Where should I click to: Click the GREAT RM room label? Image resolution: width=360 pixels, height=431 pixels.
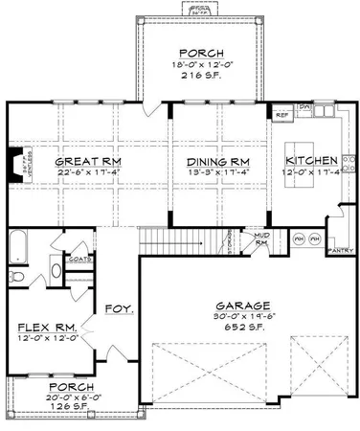tap(74, 161)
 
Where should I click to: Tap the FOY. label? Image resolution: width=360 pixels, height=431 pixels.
tap(119, 309)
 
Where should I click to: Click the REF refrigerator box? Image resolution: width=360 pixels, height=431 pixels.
tap(282, 115)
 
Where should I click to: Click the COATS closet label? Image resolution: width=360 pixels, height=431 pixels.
tap(79, 257)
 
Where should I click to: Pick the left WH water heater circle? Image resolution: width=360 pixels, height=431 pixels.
tap(300, 237)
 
